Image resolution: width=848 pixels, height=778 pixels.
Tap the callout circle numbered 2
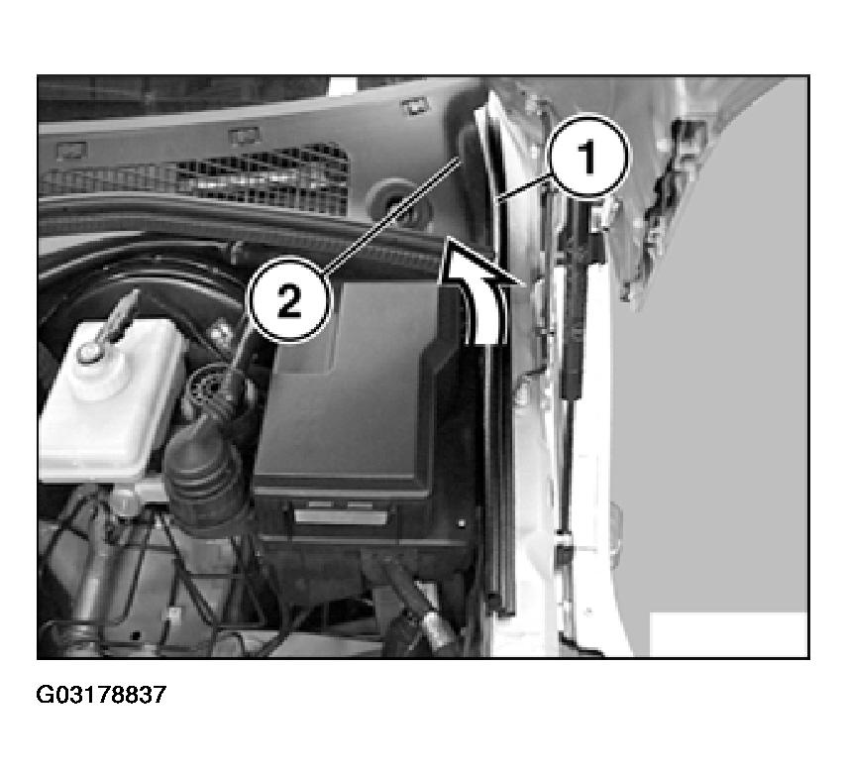pyautogui.click(x=289, y=301)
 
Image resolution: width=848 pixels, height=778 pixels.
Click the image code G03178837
pyautogui.click(x=101, y=695)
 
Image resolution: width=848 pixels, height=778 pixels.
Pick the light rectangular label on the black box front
pyautogui.click(x=341, y=517)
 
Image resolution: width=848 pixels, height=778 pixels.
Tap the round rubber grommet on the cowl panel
pyautogui.click(x=399, y=205)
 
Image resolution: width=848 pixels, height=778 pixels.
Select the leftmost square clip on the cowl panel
pyautogui.click(x=71, y=149)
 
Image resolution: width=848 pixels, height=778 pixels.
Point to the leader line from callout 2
pyautogui.click(x=392, y=213)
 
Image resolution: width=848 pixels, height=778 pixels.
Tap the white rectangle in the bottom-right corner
pyautogui.click(x=728, y=634)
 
